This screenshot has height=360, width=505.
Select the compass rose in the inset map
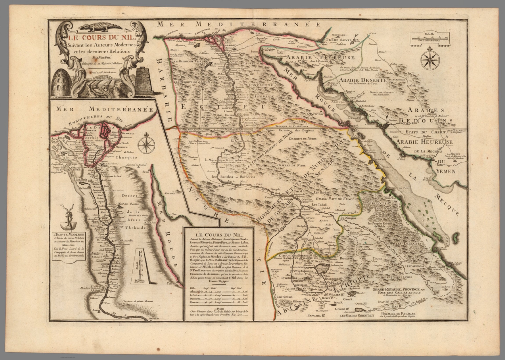click(146, 145)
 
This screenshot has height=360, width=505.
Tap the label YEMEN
click(445, 171)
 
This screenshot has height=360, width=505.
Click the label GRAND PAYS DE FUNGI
click(332, 199)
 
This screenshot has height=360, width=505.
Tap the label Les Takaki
click(318, 204)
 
